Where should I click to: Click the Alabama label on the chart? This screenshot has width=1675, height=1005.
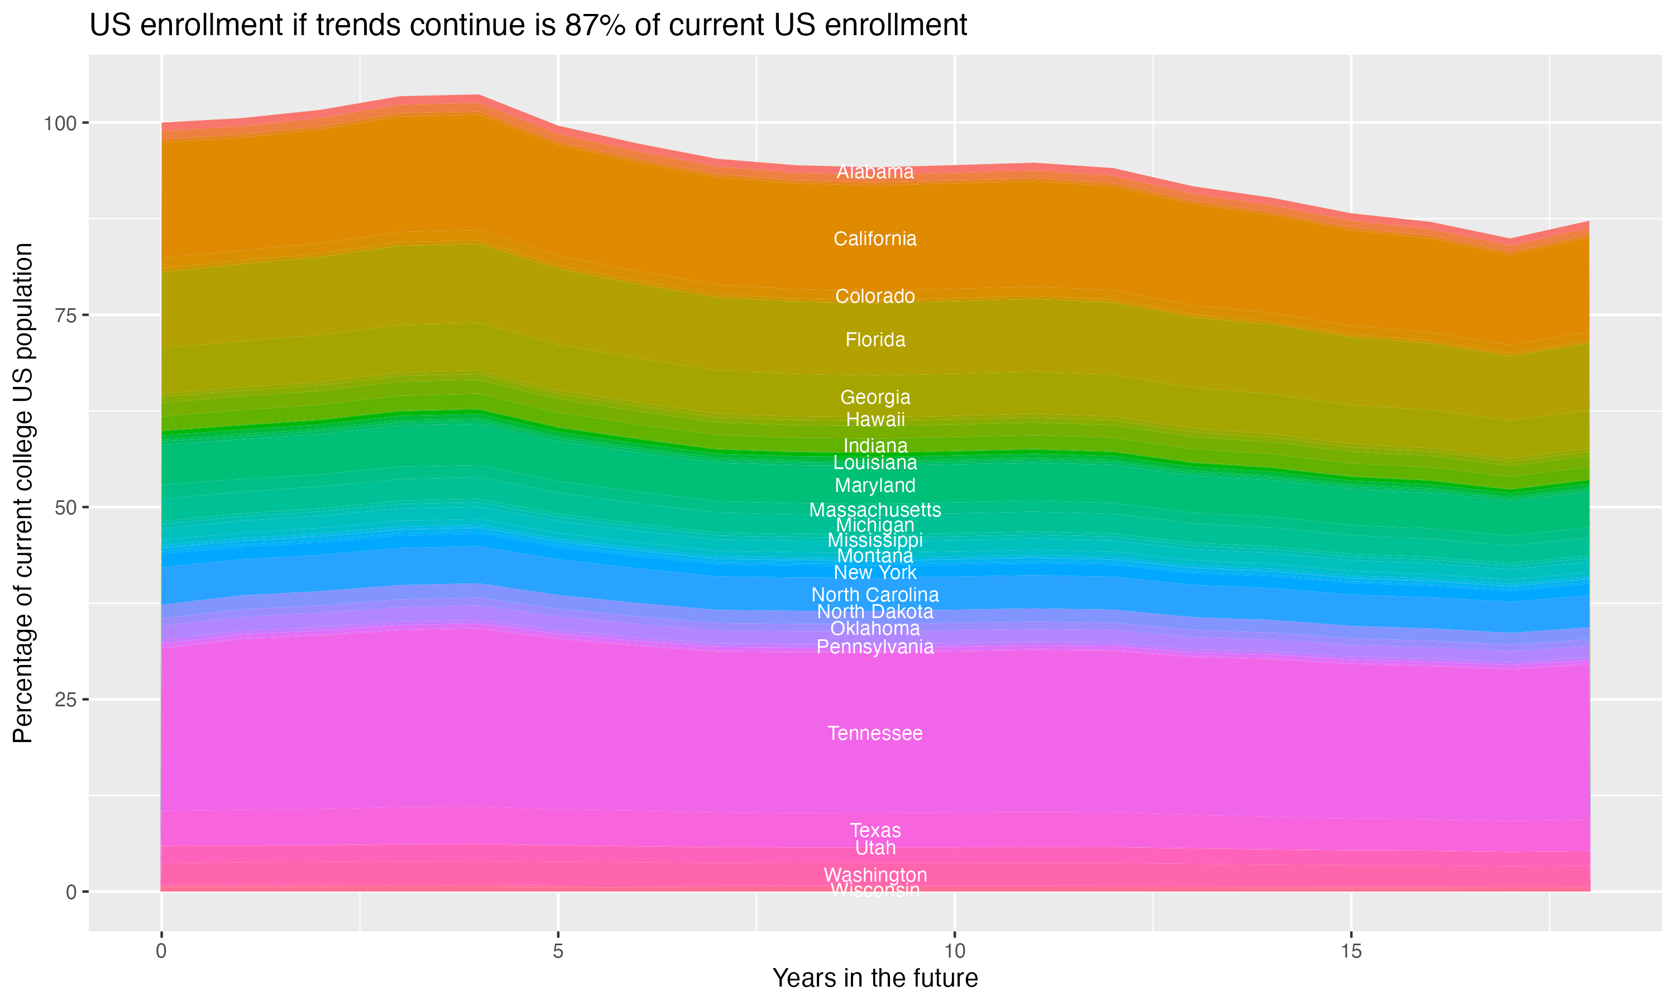[875, 172]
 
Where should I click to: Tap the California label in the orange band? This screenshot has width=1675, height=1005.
[875, 239]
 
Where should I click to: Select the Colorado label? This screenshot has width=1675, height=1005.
[875, 296]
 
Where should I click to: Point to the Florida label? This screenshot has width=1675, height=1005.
[875, 340]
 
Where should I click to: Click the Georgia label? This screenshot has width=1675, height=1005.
[875, 398]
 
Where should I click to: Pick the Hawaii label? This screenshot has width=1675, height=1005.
[875, 420]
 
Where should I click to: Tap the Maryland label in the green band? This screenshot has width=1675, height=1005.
[875, 486]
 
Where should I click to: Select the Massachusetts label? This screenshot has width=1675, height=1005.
[875, 510]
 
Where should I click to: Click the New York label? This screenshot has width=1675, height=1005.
[875, 573]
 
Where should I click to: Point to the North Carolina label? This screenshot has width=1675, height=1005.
[875, 595]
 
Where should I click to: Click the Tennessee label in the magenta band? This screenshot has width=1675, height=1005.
[875, 734]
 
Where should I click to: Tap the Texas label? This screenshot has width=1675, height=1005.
[875, 830]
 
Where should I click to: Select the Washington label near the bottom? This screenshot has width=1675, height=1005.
[875, 875]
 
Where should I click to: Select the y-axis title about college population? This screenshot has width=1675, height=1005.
[23, 493]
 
